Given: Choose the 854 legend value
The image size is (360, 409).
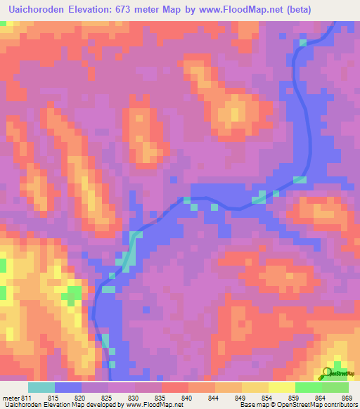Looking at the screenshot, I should tap(267, 397).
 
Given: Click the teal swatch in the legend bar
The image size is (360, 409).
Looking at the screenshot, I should tap(41, 387).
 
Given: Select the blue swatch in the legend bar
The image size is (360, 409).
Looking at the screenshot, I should tap(68, 387).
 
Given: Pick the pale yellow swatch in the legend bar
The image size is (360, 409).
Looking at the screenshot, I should tap(282, 387).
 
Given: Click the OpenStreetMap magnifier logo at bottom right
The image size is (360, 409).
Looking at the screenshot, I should tap(327, 372).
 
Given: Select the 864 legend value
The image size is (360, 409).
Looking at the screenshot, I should tap(321, 397).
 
